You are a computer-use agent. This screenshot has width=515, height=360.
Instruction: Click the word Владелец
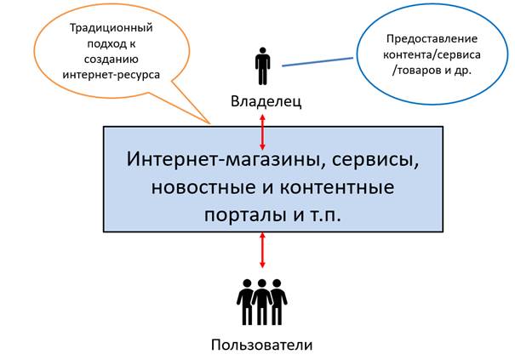tap(266, 101)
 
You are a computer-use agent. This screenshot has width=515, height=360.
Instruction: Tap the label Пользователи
tap(262, 345)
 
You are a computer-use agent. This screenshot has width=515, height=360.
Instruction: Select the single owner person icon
tap(262, 66)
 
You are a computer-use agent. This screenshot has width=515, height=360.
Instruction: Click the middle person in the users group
tap(262, 302)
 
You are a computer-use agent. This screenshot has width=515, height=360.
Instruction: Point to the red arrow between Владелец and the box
tap(262, 132)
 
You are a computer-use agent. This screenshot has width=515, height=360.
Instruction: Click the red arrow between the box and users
tap(262, 249)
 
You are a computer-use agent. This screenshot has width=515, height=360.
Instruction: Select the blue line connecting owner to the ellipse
tap(318, 62)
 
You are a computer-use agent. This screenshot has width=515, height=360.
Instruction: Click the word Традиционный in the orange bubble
tap(111, 27)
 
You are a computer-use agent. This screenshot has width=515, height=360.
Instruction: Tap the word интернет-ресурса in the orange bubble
tap(111, 75)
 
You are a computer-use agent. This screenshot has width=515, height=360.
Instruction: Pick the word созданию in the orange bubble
tap(111, 59)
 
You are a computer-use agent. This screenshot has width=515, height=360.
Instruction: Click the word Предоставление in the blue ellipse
tap(432, 39)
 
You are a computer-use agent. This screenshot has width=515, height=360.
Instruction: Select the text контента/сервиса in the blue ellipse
tap(432, 54)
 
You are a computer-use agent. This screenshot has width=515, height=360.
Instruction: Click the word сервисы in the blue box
tap(375, 161)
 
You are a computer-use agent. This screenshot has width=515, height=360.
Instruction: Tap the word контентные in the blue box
tap(337, 187)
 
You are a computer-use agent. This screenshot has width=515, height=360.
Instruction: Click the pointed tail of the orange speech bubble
tap(210, 123)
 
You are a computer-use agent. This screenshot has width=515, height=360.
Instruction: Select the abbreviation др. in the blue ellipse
tap(463, 71)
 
